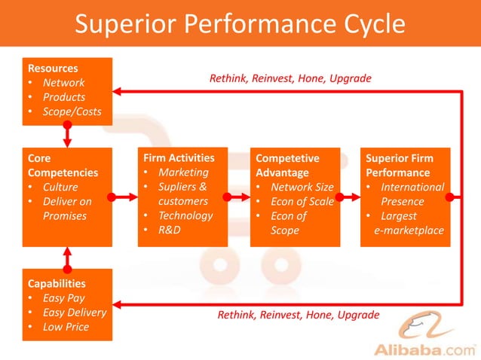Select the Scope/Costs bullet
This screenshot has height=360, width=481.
pos(72,111)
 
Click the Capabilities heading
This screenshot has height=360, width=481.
pos(57,284)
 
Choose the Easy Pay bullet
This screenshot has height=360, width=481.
pos(63,298)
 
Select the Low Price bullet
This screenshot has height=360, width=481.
pos(66,327)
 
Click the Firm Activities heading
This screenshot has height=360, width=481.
pos(179,158)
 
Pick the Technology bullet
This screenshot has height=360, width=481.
pos(185,215)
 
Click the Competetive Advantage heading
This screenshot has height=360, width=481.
pos(287,166)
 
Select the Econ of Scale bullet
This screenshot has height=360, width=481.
pos(302,201)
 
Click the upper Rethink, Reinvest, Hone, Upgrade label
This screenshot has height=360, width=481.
pos(290,78)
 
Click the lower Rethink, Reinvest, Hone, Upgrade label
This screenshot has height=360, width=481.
pos(299,314)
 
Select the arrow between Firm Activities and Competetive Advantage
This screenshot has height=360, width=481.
pos(238,197)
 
